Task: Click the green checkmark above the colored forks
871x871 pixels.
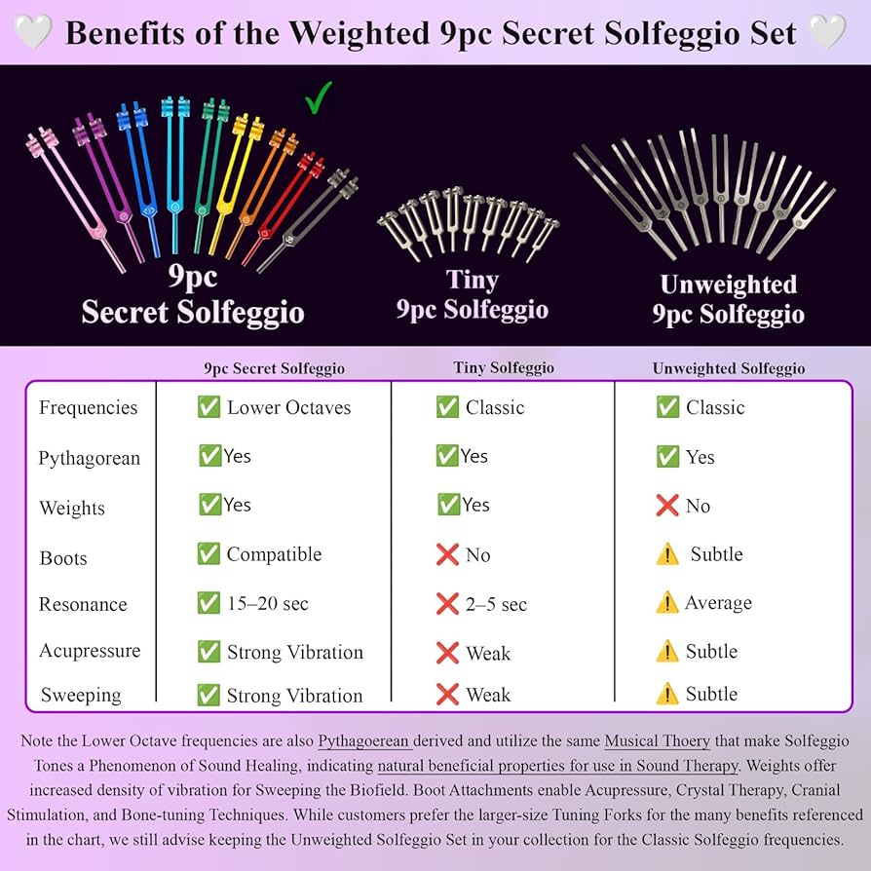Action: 319,97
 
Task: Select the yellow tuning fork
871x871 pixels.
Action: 230,185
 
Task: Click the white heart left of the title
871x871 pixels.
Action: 34,32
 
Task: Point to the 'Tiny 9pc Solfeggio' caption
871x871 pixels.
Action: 472,294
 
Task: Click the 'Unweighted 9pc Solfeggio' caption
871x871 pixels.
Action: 728,299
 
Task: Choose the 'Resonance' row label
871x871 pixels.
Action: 83,604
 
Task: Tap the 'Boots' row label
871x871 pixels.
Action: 63,558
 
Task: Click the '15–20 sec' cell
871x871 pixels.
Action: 267,603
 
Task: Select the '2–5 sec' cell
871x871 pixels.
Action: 496,604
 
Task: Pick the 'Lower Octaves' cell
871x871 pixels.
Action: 288,407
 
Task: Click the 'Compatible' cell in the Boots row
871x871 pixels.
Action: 274,554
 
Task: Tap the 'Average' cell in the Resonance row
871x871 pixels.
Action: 718,603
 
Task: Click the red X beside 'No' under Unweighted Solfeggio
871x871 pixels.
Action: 667,506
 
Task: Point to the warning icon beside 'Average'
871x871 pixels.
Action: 667,603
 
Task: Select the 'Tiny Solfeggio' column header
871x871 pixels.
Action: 503,367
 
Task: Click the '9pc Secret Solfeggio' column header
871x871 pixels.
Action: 274,368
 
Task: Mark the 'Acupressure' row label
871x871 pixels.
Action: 90,651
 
